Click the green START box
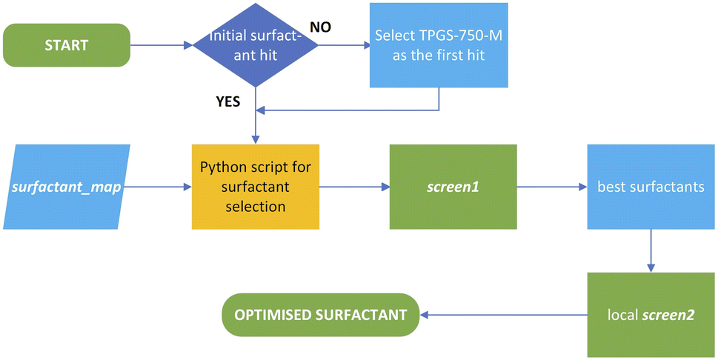pyautogui.click(x=67, y=45)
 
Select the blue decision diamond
pyautogui.click(x=256, y=45)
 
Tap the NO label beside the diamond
pyautogui.click(x=321, y=27)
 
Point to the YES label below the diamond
pyautogui.click(x=227, y=101)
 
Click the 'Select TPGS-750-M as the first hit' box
pyautogui.click(x=439, y=45)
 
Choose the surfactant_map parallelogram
pyautogui.click(x=67, y=187)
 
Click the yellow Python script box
pyautogui.click(x=256, y=187)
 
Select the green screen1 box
pyautogui.click(x=453, y=187)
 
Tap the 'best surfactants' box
pyautogui.click(x=651, y=187)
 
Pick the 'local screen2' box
pyautogui.click(x=651, y=315)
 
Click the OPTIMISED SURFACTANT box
pyautogui.click(x=321, y=315)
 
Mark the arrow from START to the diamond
pyautogui.click(x=162, y=45)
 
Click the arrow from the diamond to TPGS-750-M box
pyautogui.click(x=344, y=45)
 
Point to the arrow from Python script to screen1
pyautogui.click(x=354, y=187)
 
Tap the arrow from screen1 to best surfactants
pyautogui.click(x=552, y=187)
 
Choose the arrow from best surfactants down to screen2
pyautogui.click(x=651, y=250)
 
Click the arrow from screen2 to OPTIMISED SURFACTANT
pyautogui.click(x=504, y=315)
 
